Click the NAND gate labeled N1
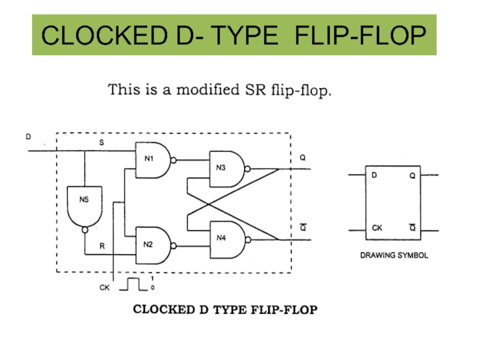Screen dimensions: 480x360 pyautogui.click(x=153, y=160)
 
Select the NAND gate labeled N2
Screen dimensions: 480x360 pyautogui.click(x=153, y=245)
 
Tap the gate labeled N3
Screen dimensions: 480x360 pyautogui.click(x=227, y=169)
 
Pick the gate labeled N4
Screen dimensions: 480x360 pyautogui.click(x=227, y=239)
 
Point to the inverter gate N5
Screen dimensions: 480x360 pyautogui.click(x=85, y=206)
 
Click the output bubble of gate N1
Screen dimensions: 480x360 pyautogui.click(x=173, y=160)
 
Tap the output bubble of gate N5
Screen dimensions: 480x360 pyautogui.click(x=85, y=230)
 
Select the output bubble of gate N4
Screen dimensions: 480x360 pyautogui.click(x=248, y=239)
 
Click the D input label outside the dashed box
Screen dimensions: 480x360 pyautogui.click(x=28, y=137)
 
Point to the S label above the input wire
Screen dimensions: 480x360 pyautogui.click(x=101, y=142)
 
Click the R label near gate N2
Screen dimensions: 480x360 pyautogui.click(x=102, y=246)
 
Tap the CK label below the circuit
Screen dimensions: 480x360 pyautogui.click(x=104, y=287)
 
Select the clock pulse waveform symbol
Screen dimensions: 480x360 pyautogui.click(x=133, y=284)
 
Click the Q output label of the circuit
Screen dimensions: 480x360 pyautogui.click(x=302, y=157)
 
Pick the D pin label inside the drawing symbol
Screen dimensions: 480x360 pyautogui.click(x=374, y=175)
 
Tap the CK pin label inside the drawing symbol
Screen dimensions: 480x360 pyautogui.click(x=377, y=228)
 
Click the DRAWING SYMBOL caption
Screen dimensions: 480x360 pyautogui.click(x=394, y=256)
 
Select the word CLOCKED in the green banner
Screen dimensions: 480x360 pyautogui.click(x=104, y=35)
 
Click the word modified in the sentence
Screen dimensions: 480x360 pyautogui.click(x=208, y=89)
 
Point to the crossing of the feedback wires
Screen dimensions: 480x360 pyautogui.click(x=209, y=204)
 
